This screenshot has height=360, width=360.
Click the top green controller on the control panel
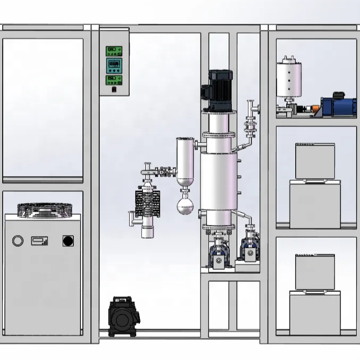115,51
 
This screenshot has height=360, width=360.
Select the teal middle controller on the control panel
115,65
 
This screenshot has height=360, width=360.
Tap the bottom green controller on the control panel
115,80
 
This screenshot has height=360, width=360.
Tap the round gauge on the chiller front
18,241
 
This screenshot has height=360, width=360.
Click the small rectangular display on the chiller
39,241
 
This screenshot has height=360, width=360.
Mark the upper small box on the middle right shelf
315,161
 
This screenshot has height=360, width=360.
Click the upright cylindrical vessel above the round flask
185,159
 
